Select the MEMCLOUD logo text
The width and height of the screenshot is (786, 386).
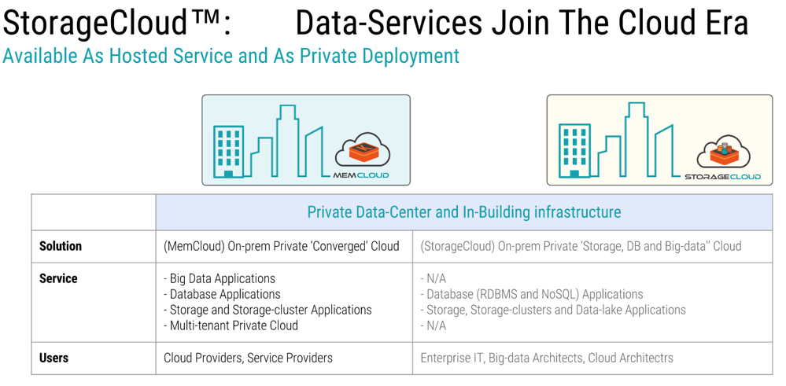pyautogui.click(x=361, y=175)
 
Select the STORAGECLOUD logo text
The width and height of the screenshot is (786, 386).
pyautogui.click(x=722, y=177)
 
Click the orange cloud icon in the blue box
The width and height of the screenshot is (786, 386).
pyautogui.click(x=363, y=151)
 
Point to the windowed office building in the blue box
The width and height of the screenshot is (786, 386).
pyautogui.click(x=229, y=152)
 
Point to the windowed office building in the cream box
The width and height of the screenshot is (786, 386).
pyautogui.click(x=574, y=151)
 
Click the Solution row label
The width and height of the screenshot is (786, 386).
pyautogui.click(x=61, y=246)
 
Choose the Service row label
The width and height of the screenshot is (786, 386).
pyautogui.click(x=58, y=278)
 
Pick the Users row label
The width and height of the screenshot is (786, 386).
pyautogui.click(x=54, y=358)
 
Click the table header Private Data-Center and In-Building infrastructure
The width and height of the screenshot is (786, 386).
pyautogui.click(x=463, y=212)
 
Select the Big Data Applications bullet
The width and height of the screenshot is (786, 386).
pyautogui.click(x=220, y=278)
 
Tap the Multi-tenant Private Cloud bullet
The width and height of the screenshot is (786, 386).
pyautogui.click(x=231, y=325)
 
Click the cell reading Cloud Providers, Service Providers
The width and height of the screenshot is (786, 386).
pyautogui.click(x=248, y=358)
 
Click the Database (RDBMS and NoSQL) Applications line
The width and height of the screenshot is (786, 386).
pyautogui.click(x=532, y=294)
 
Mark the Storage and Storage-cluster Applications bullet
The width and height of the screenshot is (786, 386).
pyautogui.click(x=268, y=310)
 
